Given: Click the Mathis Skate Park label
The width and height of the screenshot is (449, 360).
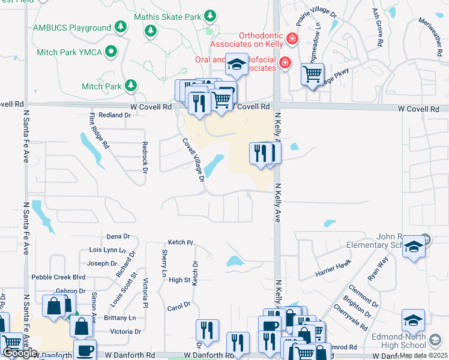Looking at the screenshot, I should [167, 16].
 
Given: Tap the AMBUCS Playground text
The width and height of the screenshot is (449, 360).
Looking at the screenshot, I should [73, 28].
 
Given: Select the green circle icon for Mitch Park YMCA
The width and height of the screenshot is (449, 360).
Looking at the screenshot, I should [110, 52].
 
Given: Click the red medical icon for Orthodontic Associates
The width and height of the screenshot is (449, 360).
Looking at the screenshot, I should [292, 39].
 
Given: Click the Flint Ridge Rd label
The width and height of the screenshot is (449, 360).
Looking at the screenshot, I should [99, 131].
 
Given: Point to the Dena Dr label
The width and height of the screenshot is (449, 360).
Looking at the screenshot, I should [118, 236].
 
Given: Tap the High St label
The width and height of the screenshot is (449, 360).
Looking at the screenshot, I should [179, 280].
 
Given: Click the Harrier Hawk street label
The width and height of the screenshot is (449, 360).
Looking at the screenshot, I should [333, 271].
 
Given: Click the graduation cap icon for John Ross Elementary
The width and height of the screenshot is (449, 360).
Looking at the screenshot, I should [414, 247].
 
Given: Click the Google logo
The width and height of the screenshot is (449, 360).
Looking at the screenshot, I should [20, 353].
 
